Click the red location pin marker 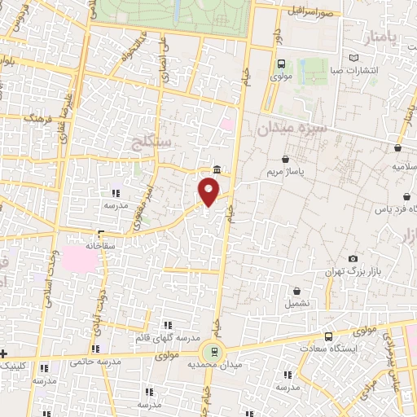(209, 192)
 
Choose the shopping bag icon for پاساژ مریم (284, 160)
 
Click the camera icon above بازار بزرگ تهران (353, 258)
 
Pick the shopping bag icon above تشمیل (296, 291)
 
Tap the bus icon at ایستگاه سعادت (329, 336)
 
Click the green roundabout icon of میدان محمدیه (213, 353)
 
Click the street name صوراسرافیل (311, 12)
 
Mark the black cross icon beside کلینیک (4, 353)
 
